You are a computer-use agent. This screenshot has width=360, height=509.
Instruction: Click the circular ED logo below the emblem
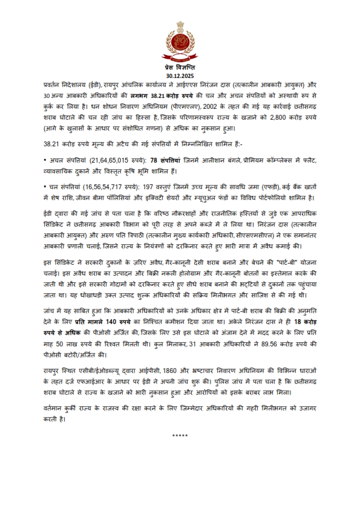click(x=180, y=45)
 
